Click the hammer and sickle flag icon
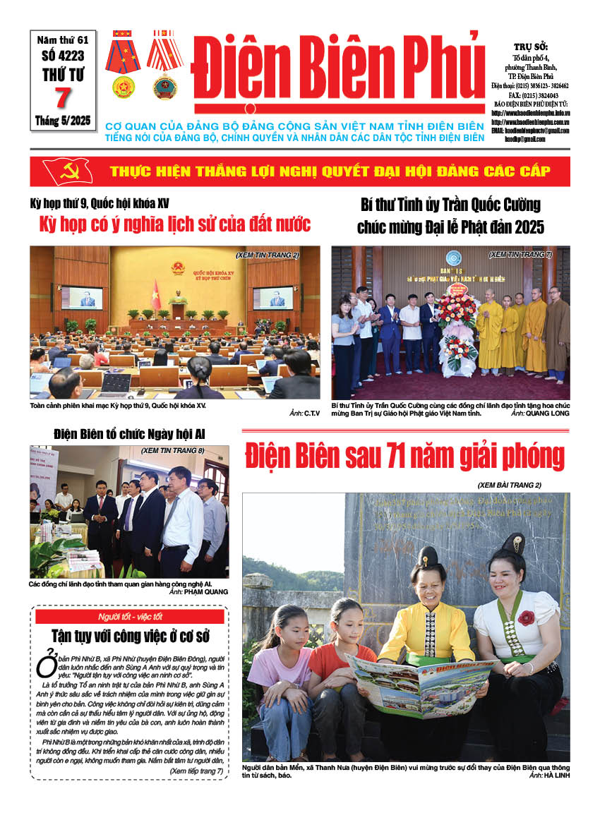[x=67, y=171]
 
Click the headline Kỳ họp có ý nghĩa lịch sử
[x=174, y=225]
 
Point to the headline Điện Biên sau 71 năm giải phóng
[x=404, y=457]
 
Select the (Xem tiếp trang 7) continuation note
[x=196, y=771]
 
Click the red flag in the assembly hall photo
[x=156, y=294]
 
